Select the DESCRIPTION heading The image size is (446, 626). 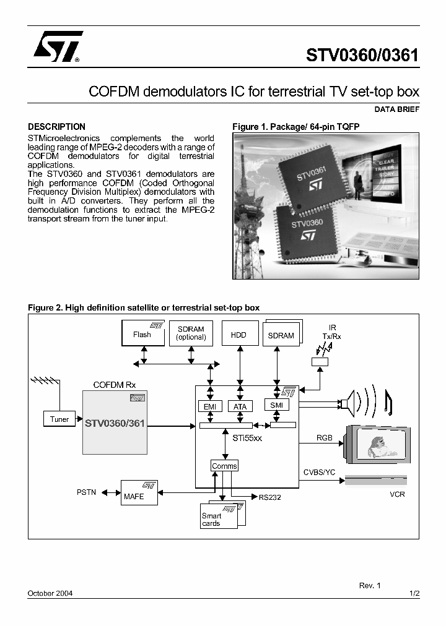click(x=57, y=127)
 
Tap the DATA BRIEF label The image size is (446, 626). click(x=397, y=109)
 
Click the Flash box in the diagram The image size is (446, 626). click(x=142, y=333)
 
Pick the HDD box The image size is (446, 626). click(x=238, y=334)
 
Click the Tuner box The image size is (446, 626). click(x=59, y=419)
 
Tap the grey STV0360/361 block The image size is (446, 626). click(x=115, y=424)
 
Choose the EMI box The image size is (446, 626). click(x=210, y=406)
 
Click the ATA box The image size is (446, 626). click(x=240, y=406)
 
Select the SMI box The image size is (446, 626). click(x=276, y=405)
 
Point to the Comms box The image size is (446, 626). click(x=224, y=466)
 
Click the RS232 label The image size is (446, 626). click(x=270, y=497)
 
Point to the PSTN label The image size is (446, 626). click(x=86, y=492)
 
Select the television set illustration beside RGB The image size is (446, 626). click(x=377, y=442)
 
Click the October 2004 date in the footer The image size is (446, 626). click(x=50, y=593)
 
